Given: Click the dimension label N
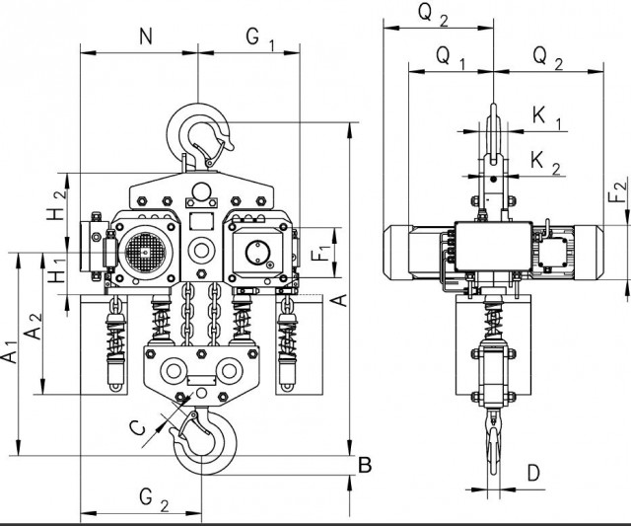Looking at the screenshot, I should tap(146, 38).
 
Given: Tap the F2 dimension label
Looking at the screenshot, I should tap(618, 194).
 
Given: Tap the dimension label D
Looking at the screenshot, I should tap(533, 473).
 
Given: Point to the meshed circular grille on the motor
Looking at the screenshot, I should tap(143, 252).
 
